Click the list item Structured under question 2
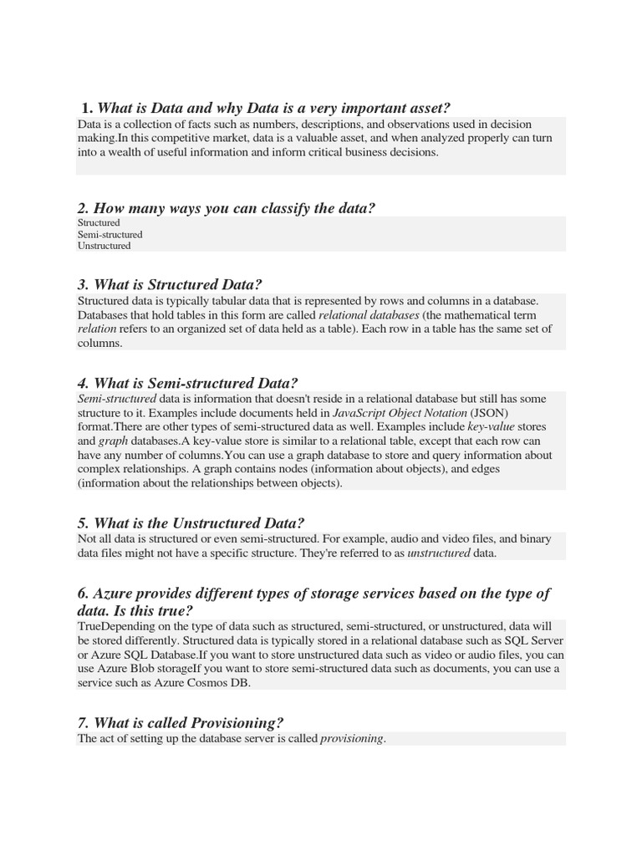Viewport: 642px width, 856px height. coord(99,223)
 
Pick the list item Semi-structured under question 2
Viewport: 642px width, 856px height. coord(110,235)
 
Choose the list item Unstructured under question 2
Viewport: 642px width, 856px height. coord(104,246)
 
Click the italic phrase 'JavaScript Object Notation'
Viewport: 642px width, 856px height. coord(400,413)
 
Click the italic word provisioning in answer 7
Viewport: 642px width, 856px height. coord(353,739)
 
